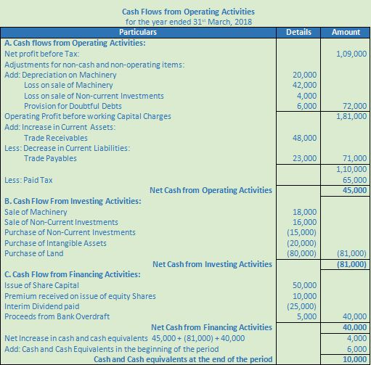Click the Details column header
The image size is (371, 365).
pos(298,33)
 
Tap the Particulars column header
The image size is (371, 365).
pos(137,33)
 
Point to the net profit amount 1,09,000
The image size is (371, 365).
pos(351,54)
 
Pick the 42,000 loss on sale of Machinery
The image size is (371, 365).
pos(304,85)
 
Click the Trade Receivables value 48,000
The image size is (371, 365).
pos(304,138)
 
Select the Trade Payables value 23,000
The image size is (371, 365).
pos(304,158)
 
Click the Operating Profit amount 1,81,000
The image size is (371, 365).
pos(351,116)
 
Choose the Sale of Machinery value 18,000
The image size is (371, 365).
pos(304,211)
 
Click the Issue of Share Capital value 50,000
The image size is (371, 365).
pos(304,285)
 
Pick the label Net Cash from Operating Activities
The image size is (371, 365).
pos(211,191)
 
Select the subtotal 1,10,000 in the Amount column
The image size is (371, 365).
pos(351,169)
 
